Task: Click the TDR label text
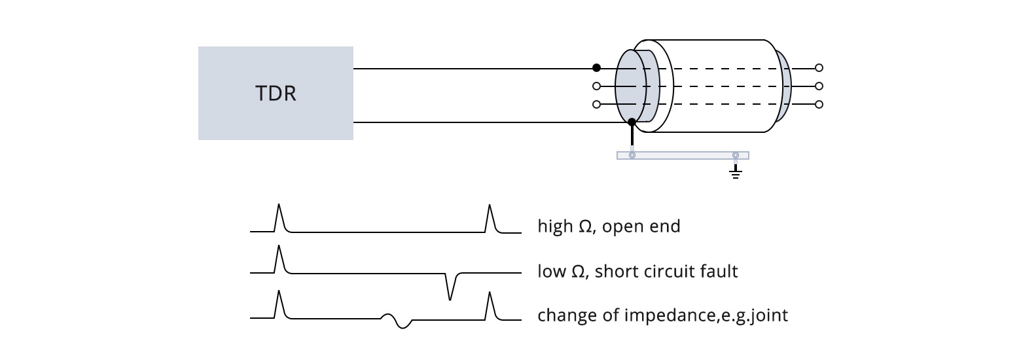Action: point(276,94)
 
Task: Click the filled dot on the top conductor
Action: point(596,68)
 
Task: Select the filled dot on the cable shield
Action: point(632,122)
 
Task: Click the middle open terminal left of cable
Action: point(596,86)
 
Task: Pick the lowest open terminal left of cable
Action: point(596,104)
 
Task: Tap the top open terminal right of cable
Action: point(819,68)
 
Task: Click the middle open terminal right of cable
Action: point(819,86)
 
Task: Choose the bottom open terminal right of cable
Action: point(819,104)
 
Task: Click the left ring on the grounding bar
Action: point(632,155)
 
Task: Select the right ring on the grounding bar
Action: point(735,155)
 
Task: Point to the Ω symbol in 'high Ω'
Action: point(585,226)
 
